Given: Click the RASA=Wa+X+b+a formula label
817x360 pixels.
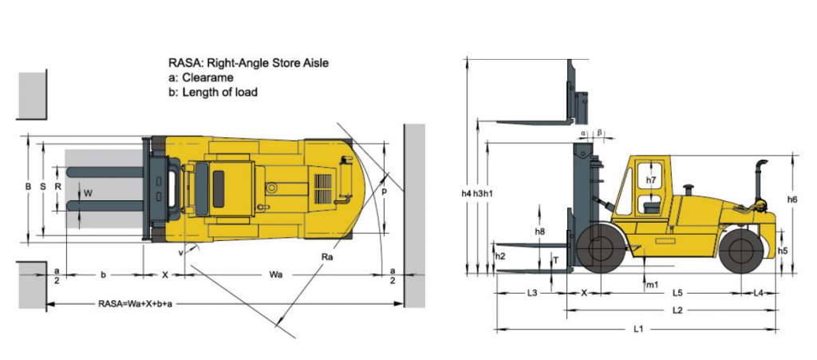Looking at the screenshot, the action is point(135,303).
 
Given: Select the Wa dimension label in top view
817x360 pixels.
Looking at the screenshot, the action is point(275,275).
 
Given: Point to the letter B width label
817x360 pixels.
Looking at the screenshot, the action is point(28,185).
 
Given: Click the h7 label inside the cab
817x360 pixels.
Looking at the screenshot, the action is point(651,180).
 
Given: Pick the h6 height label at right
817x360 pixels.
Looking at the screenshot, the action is point(792,199).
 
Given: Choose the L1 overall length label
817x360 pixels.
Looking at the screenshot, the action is point(638,329).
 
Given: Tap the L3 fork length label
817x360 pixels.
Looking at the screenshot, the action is point(531,293).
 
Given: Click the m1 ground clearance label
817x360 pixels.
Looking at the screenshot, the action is point(653,284).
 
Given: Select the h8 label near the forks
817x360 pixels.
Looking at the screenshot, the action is point(539,231).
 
